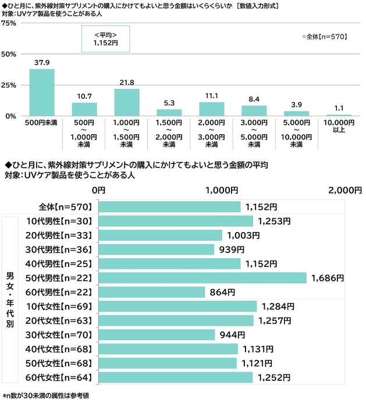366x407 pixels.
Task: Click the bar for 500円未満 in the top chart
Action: [42, 92]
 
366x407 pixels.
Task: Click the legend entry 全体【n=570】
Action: [325, 37]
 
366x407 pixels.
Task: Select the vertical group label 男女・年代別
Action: [10, 299]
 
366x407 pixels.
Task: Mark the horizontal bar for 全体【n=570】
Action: [169, 207]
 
